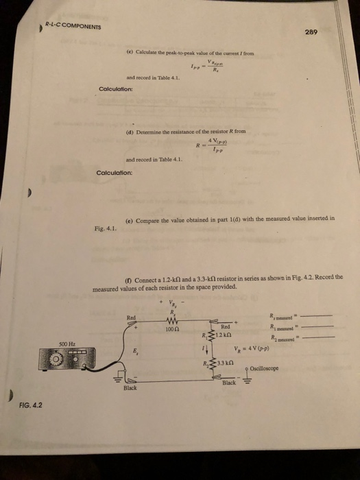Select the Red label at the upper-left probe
132,317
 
